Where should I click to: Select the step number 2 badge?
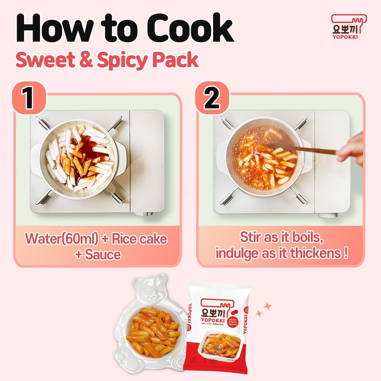click(212, 99)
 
